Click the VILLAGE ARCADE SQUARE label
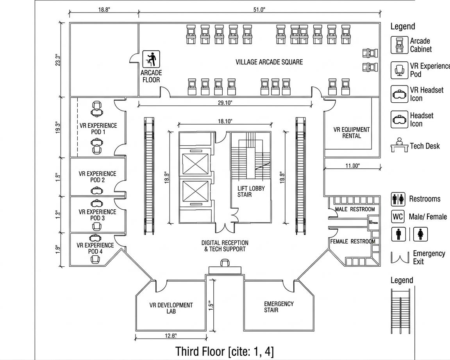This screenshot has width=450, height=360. pos(269,62)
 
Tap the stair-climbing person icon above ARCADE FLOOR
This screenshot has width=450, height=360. pos(151,59)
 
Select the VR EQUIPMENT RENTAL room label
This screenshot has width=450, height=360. pos(351,133)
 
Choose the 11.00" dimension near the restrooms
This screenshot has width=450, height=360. pos(352,166)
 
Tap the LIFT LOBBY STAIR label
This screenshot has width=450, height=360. pos(251,191)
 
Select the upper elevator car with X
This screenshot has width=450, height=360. pos(195,164)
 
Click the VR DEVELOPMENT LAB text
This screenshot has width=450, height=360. pos(171,308)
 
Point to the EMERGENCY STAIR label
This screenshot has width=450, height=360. pos(279,307)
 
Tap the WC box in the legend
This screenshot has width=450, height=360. pos(398,216)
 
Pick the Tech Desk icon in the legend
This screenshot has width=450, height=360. pos(399,145)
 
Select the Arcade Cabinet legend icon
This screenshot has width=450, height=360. pos(399,45)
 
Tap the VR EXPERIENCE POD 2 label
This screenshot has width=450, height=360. pos(97,176)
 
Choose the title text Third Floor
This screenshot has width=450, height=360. pos(224,351)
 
